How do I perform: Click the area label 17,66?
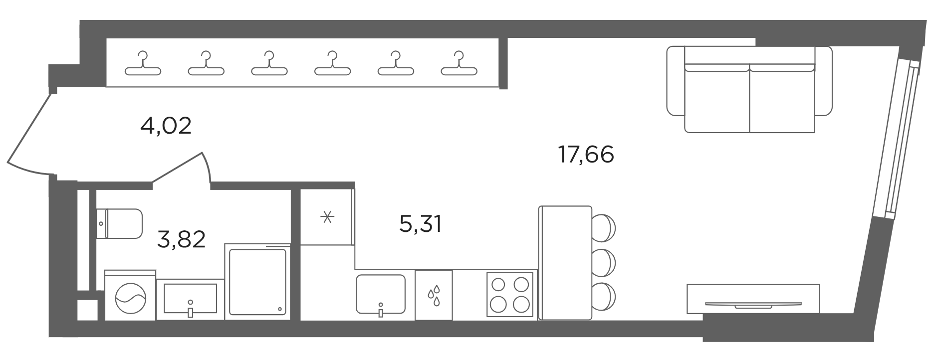pos(586,155)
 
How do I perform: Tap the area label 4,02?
pos(166,126)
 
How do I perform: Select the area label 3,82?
pos(181,239)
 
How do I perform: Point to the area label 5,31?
pos(421,224)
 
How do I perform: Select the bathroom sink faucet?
pos(190,309)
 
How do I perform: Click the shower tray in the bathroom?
pos(257,282)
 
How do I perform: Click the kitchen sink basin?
pos(381,294)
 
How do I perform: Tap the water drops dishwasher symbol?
pos(434,295)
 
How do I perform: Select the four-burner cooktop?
pos(510,294)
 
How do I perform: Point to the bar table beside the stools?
pos(565,262)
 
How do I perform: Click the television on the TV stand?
pos(753,304)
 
